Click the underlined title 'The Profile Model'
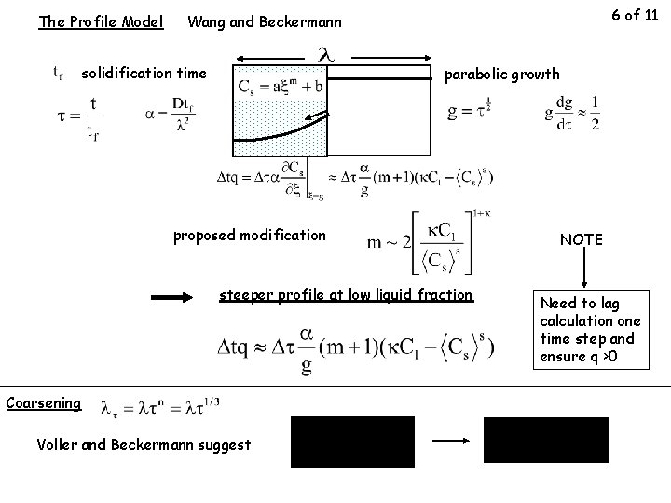pos(101,20)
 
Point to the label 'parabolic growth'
pos(503,74)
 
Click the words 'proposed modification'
pos(250,235)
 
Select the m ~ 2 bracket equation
pos(430,242)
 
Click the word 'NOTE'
pos(582,239)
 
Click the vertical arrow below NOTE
pos(584,271)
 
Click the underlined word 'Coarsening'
pos(42,402)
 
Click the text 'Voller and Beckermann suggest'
pos(144,444)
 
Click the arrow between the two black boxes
pos(449,442)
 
